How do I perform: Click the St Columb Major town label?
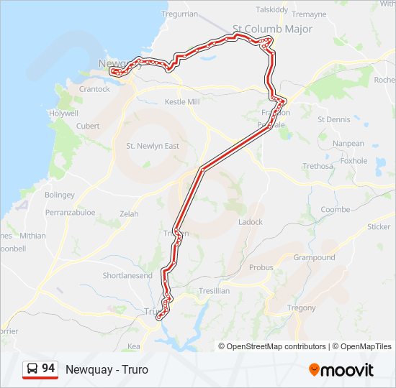272,29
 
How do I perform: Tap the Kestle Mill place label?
181,102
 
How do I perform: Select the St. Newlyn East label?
153,146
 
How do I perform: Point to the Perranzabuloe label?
71,213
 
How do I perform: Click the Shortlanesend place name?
127,275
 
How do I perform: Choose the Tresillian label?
214,291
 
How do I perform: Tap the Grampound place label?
314,257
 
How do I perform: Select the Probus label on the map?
261,267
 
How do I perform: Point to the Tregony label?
301,308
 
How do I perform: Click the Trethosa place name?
318,166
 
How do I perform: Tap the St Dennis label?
334,119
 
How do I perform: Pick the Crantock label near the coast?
94,89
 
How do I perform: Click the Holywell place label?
63,114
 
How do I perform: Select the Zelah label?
129,214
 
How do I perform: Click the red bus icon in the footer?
32,369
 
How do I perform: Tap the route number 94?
48,369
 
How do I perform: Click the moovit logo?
341,370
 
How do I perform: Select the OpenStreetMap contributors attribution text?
276,346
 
